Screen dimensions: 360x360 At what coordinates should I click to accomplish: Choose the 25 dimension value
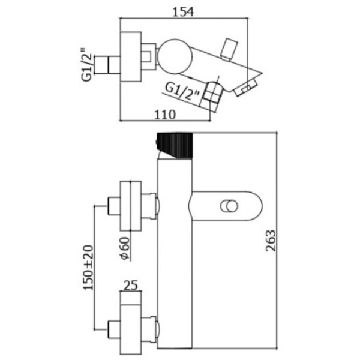click(131, 286)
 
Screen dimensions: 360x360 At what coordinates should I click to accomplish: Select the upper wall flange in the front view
click(131, 205)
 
